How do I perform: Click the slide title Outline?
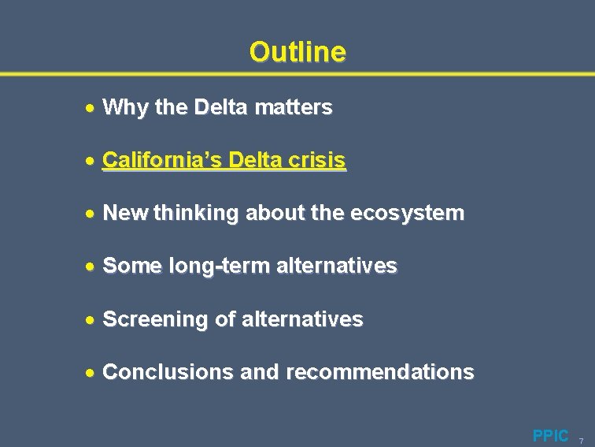297,52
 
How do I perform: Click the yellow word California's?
163,160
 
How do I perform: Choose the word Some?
133,266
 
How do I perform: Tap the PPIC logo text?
550,435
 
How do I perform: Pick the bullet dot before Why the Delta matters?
91,108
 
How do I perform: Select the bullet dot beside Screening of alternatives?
91,320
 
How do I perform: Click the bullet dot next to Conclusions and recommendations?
91,373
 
